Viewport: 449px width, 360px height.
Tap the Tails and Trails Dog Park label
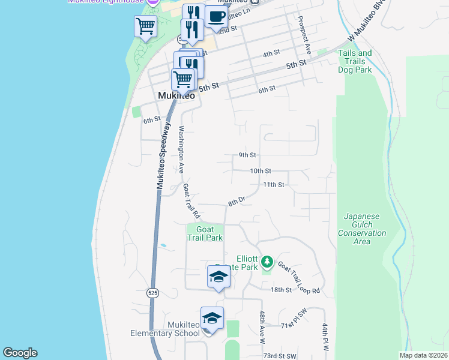355,61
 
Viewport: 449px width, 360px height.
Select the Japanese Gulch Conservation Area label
361,229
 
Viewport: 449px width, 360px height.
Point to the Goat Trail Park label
205,234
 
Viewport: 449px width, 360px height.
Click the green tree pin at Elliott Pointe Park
267,262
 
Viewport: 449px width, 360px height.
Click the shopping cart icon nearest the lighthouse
145,26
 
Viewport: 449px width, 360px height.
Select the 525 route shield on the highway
152,292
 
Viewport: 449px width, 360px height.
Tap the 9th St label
247,155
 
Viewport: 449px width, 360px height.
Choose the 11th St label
273,185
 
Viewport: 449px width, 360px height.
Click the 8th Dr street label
237,202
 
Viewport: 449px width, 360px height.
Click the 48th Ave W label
262,326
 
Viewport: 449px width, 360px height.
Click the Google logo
20,353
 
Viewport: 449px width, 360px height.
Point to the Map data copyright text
423,355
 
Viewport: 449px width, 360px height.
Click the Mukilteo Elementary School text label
166,329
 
